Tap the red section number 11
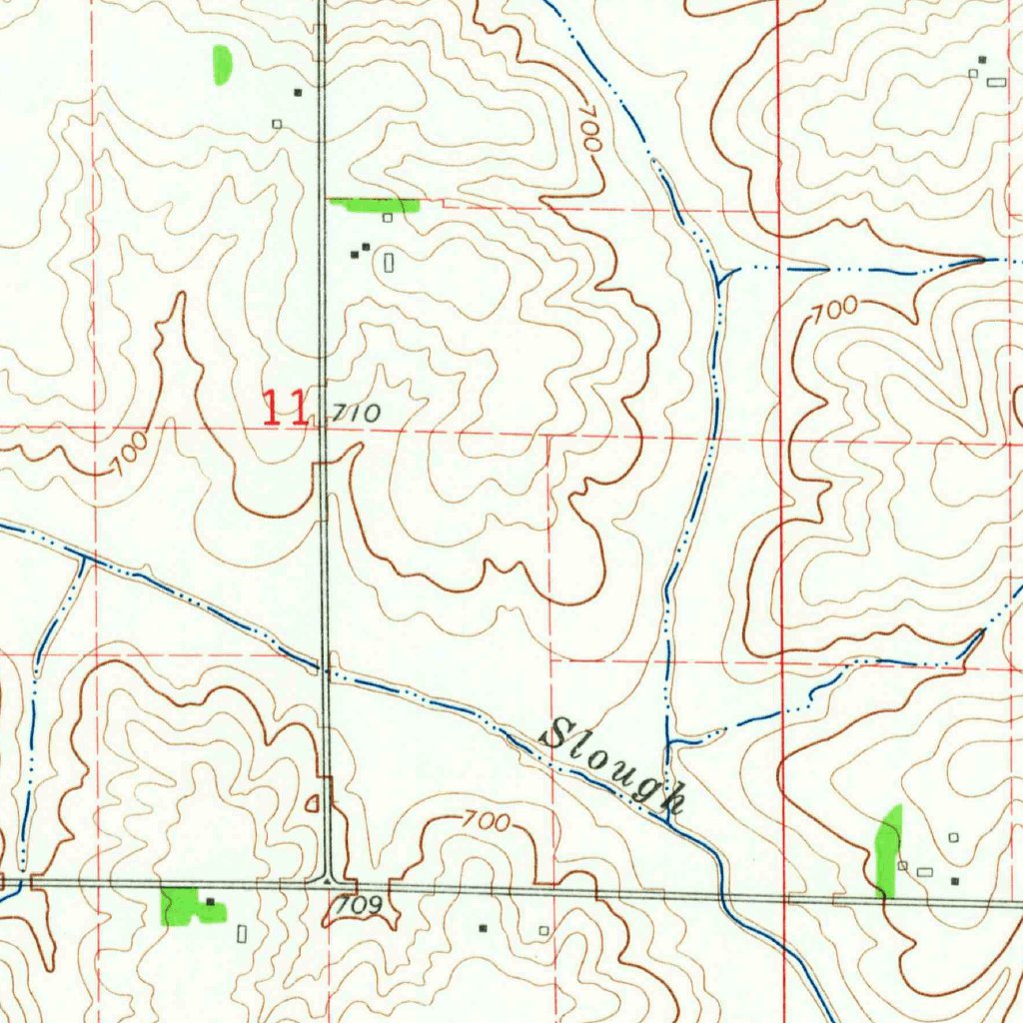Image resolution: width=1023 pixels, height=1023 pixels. [x=284, y=409]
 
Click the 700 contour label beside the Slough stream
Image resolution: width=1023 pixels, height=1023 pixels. [x=487, y=822]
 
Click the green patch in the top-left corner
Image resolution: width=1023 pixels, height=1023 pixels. [x=222, y=64]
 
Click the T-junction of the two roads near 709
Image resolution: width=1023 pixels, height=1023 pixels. [x=331, y=881]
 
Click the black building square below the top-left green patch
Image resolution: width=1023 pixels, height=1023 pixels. [x=297, y=93]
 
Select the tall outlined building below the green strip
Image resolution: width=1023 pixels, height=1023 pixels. [x=389, y=263]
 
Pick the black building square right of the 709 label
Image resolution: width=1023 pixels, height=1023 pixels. [x=483, y=928]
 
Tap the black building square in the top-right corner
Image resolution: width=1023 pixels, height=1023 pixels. [x=982, y=61]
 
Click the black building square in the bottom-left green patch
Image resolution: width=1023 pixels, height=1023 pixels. [x=210, y=902]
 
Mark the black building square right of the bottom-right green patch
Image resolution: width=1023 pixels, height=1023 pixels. [x=955, y=881]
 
